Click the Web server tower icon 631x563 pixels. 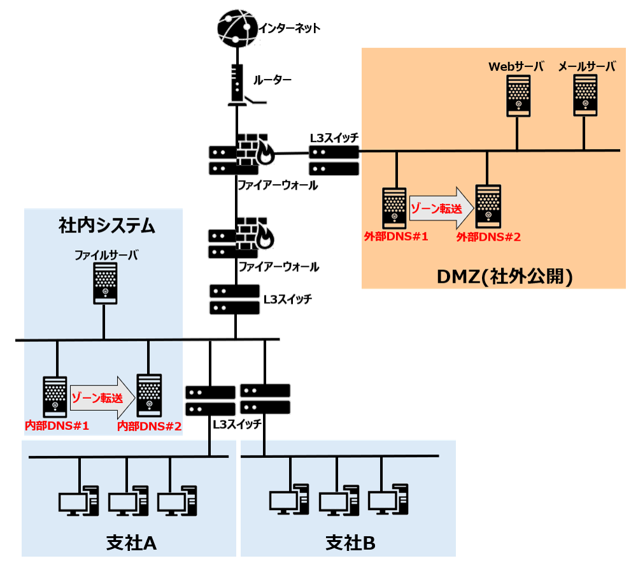click(518, 95)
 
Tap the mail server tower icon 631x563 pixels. click(585, 95)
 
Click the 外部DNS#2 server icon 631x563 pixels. click(488, 206)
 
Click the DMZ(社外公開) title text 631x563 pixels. click(506, 276)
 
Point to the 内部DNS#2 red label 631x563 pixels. click(150, 425)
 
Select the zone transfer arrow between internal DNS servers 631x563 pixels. click(103, 398)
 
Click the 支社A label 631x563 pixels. click(131, 543)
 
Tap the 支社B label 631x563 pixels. click(350, 543)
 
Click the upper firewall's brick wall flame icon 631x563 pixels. click(256, 152)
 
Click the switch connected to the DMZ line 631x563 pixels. click(334, 160)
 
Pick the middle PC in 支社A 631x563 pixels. click(128, 501)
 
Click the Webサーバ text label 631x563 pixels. click(516, 66)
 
